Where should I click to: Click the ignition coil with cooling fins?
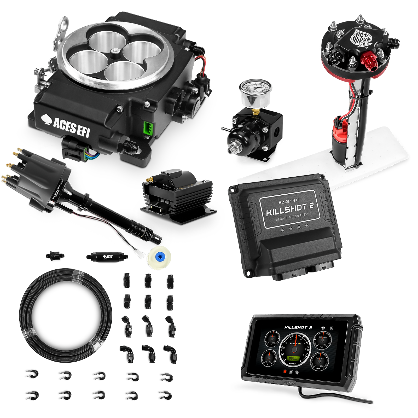click(178, 193)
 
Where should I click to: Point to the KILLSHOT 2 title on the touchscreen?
click(298, 328)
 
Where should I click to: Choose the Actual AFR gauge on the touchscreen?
click(320, 362)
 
